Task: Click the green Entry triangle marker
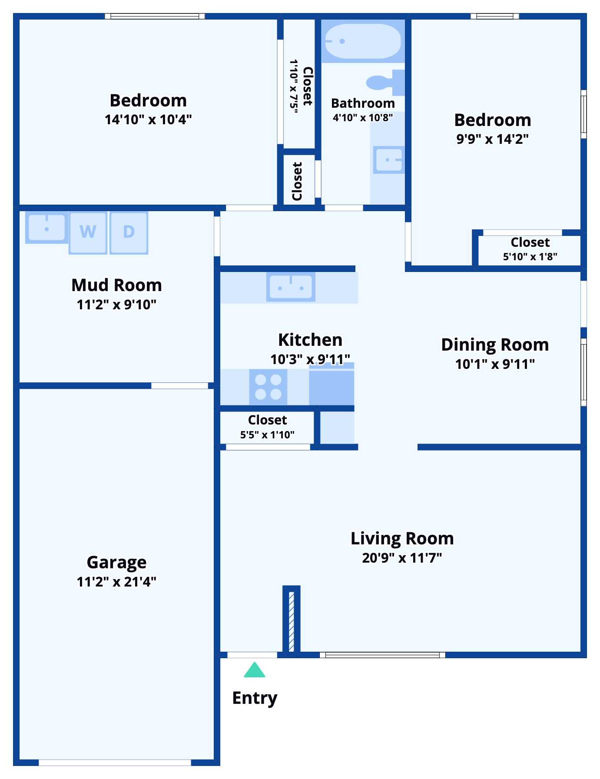255,670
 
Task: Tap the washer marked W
88,233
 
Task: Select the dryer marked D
129,233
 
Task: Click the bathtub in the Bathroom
363,41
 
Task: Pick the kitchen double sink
291,287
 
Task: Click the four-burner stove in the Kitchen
268,387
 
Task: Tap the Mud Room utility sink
46,227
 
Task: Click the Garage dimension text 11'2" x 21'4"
116,582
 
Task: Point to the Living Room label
402,539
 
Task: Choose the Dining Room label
495,345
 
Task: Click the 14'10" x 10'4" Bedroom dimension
148,119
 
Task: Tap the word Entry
255,698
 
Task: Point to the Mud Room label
116,285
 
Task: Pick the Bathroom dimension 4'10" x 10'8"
363,118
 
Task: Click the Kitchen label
310,340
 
